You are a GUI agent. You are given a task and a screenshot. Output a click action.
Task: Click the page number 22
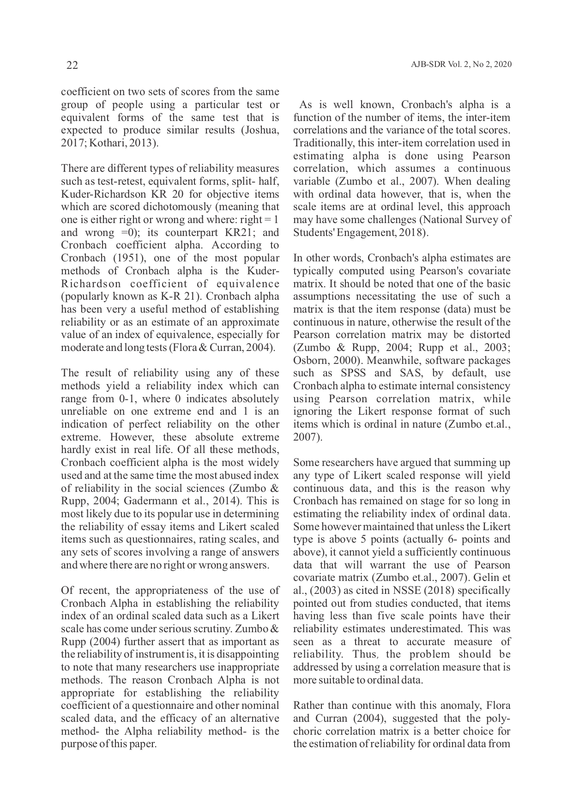coord(72,65)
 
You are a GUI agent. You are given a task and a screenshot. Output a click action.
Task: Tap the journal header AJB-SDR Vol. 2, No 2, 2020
coord(461,65)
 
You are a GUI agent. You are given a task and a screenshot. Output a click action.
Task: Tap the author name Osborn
coord(309,360)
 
